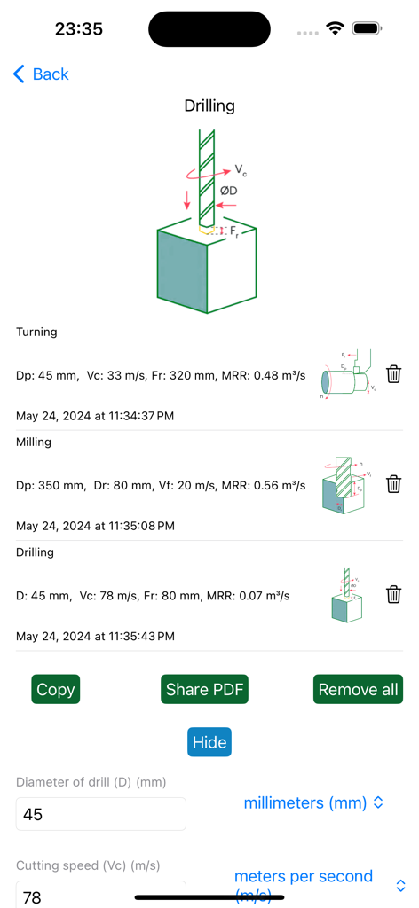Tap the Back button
[41, 74]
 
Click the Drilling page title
[209, 106]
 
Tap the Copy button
[56, 689]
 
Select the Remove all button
[359, 689]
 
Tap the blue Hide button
[209, 742]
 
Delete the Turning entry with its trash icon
[394, 374]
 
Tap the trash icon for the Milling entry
[394, 484]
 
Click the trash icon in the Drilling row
[394, 594]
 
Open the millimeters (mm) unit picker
[314, 802]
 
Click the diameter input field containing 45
[101, 814]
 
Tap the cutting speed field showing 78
[101, 896]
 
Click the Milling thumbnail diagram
[344, 485]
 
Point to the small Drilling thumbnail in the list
[346, 595]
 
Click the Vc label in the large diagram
[241, 168]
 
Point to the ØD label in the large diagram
[229, 191]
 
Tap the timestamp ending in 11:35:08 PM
[95, 526]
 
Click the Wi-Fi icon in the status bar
[335, 28]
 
